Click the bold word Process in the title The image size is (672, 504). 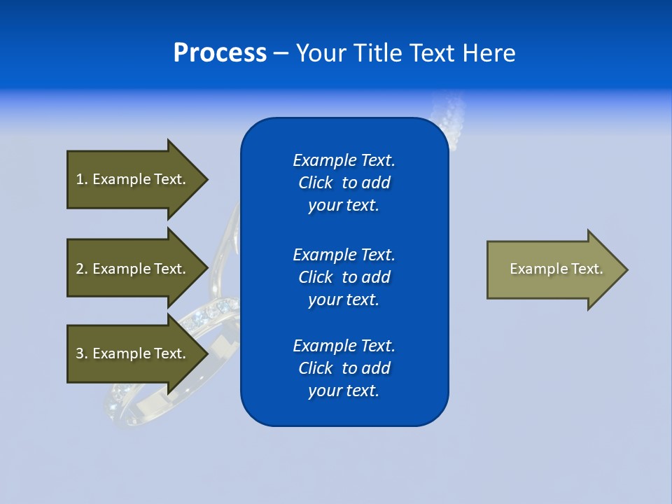(x=220, y=53)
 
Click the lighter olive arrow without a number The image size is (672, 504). (x=553, y=269)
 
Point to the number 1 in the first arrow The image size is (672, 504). (x=80, y=179)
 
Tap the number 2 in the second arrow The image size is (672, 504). (x=80, y=269)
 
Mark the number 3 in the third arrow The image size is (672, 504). (x=80, y=353)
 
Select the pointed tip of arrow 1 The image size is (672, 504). (x=206, y=179)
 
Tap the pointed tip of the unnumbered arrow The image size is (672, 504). (x=626, y=269)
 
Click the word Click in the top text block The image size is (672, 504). (x=315, y=183)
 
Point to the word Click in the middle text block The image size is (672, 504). (x=315, y=277)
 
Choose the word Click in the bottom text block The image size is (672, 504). (x=315, y=368)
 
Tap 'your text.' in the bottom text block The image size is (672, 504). (x=344, y=391)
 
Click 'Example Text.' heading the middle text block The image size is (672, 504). (x=344, y=255)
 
